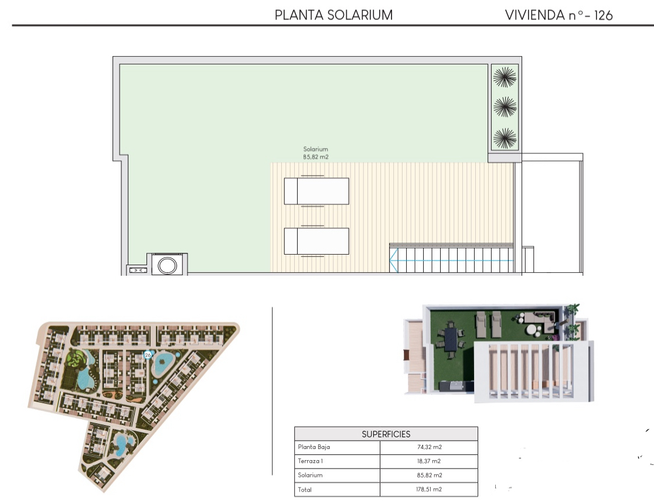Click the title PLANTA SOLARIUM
tap(333, 15)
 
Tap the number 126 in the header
tap(603, 15)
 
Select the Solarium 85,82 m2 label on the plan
tap(316, 153)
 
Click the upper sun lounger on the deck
tap(316, 191)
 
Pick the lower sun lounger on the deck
tap(316, 241)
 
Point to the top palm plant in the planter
tap(505, 77)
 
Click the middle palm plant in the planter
tap(505, 107)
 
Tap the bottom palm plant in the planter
tap(505, 138)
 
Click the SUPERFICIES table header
tap(386, 434)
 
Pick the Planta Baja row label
tap(314, 447)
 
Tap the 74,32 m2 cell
tap(429, 447)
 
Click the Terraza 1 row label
tap(311, 461)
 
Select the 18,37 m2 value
tap(429, 461)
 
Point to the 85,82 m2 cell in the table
tap(429, 475)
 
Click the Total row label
tap(305, 490)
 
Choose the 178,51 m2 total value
tap(429, 489)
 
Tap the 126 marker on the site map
tap(147, 355)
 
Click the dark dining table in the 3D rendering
tap(451, 340)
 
